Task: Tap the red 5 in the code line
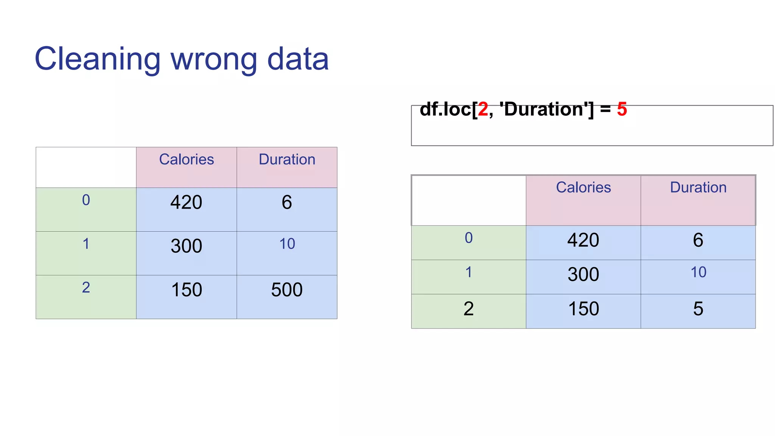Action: (622, 109)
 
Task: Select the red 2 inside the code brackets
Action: (483, 109)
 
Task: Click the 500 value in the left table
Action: (287, 290)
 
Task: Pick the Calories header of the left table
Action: (186, 159)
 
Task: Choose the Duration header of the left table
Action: (287, 159)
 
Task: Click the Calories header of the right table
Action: (583, 187)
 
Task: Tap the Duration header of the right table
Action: (698, 187)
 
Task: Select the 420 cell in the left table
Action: (186, 202)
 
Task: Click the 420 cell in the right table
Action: (583, 240)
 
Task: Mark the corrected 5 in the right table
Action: (698, 309)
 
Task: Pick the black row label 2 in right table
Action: (468, 309)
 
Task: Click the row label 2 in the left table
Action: (86, 288)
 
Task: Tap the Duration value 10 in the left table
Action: (287, 244)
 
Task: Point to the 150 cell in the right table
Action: (583, 309)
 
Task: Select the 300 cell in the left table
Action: (186, 246)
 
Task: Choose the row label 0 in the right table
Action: (468, 238)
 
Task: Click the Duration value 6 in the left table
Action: (287, 202)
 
